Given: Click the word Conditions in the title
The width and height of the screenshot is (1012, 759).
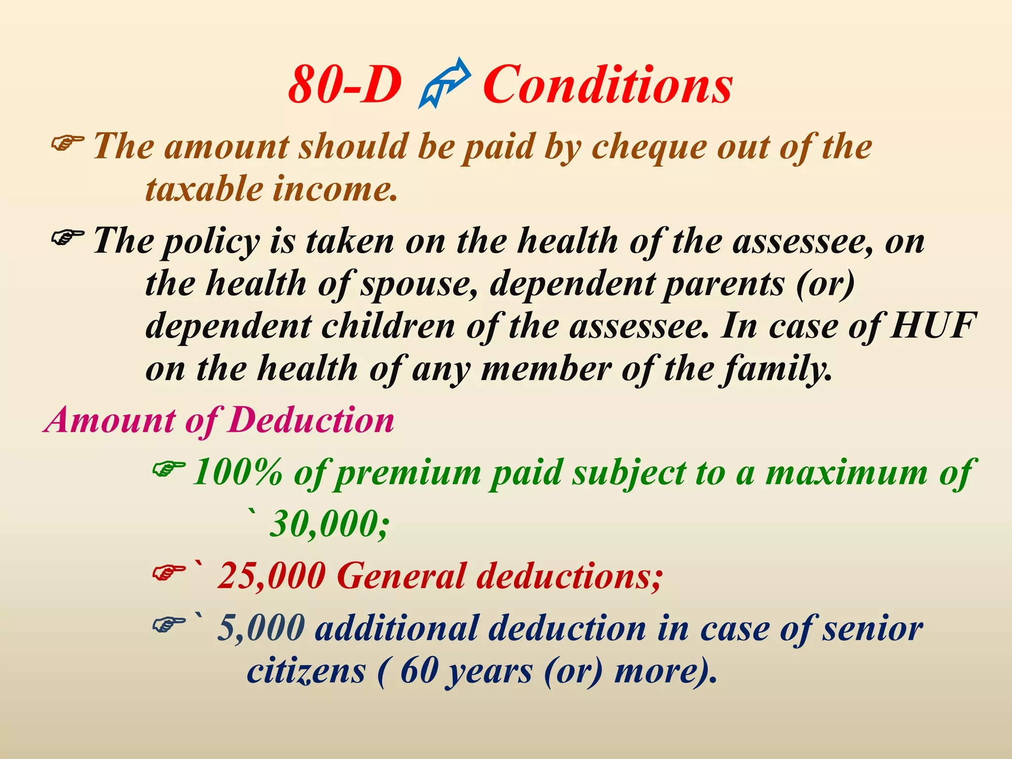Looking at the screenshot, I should click(607, 85).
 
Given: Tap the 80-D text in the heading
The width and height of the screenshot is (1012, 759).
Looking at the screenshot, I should click(344, 85).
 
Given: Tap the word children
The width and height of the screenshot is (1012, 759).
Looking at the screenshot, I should click(388, 327).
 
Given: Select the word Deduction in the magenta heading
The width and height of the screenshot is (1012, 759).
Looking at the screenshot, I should click(312, 421).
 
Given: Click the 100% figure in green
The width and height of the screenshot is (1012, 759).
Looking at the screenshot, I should click(237, 472).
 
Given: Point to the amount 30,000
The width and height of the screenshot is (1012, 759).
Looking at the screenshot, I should click(329, 524).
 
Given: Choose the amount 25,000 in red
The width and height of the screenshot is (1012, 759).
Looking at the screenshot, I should click(271, 576).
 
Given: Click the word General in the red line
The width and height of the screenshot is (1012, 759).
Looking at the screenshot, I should click(401, 576).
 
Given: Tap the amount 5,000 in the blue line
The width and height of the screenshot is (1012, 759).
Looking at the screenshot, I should click(261, 628).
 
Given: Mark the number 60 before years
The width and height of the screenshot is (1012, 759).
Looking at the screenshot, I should click(419, 671).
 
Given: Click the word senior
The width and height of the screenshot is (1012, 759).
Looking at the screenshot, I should click(872, 628).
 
